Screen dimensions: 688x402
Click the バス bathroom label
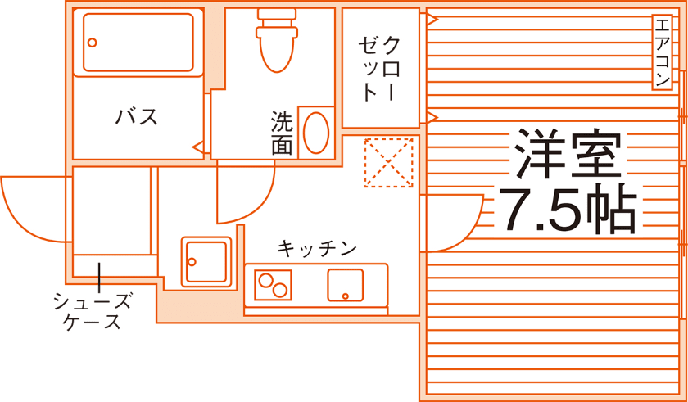coord(136,116)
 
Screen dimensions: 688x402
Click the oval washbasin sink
coord(315,132)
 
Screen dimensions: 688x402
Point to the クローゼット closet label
coord(381,68)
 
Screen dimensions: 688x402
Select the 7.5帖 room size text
coord(567,210)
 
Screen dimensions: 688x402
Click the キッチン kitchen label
coord(317,247)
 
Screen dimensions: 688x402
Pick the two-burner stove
coord(274,284)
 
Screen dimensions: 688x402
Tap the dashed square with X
coord(388,162)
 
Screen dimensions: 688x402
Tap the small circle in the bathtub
coord(93,43)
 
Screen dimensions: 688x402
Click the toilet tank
coord(278,14)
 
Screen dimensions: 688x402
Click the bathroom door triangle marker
coord(197,147)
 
